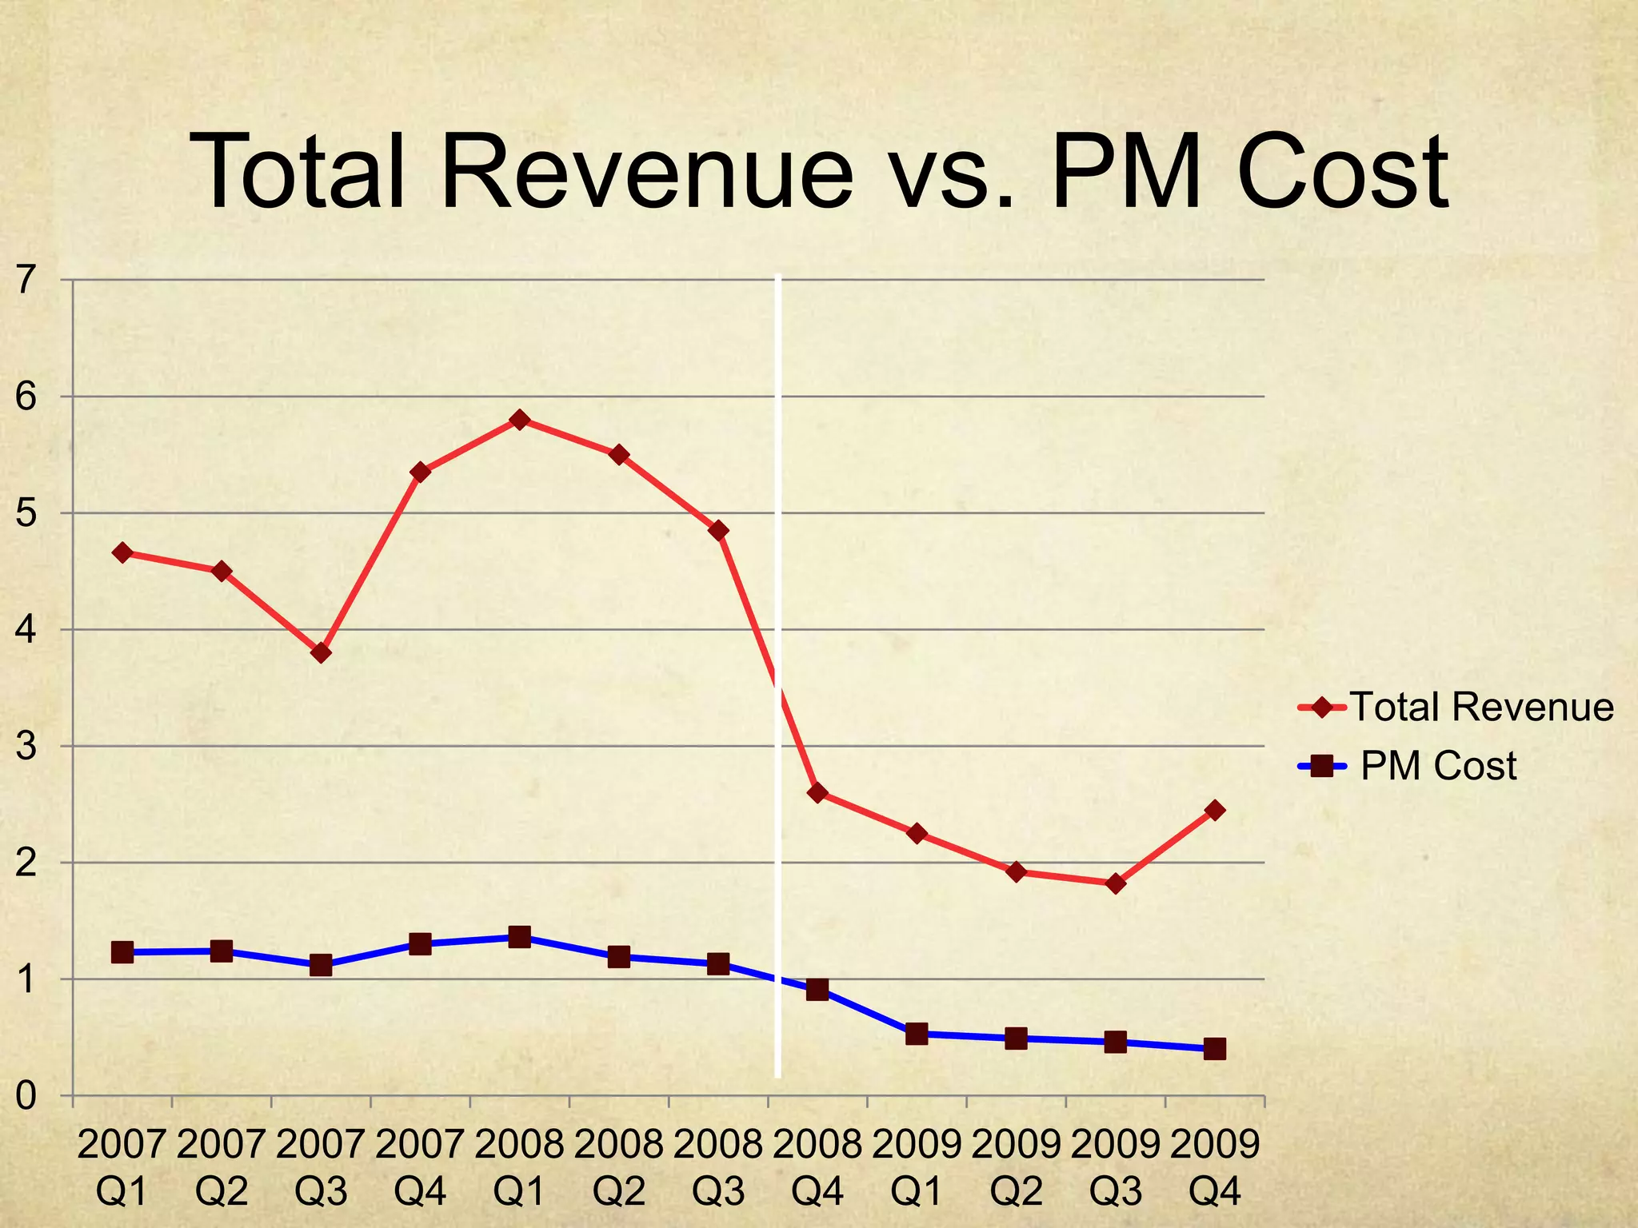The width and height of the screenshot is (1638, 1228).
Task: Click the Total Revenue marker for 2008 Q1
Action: click(519, 420)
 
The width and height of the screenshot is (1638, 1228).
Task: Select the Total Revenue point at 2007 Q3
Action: click(321, 652)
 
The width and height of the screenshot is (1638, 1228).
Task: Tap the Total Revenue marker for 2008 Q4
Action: click(817, 792)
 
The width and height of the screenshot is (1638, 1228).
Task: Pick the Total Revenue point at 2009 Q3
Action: click(1116, 883)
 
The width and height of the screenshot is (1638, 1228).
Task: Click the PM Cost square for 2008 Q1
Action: click(519, 937)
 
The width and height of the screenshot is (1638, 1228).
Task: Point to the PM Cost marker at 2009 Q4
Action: click(1214, 1049)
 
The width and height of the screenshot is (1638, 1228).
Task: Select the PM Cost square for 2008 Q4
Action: click(817, 990)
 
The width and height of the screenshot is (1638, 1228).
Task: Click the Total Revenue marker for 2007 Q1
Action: click(122, 552)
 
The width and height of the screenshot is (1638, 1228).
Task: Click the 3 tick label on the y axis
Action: click(26, 746)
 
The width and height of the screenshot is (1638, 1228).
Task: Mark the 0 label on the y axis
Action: click(26, 1095)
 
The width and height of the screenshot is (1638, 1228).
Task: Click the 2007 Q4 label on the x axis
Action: click(420, 1168)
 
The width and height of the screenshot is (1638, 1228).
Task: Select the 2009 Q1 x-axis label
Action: click(917, 1168)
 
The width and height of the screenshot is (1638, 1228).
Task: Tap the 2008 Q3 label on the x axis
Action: click(718, 1168)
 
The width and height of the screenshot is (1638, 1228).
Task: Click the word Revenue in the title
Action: click(646, 173)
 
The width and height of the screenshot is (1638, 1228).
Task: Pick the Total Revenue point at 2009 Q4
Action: click(1214, 810)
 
